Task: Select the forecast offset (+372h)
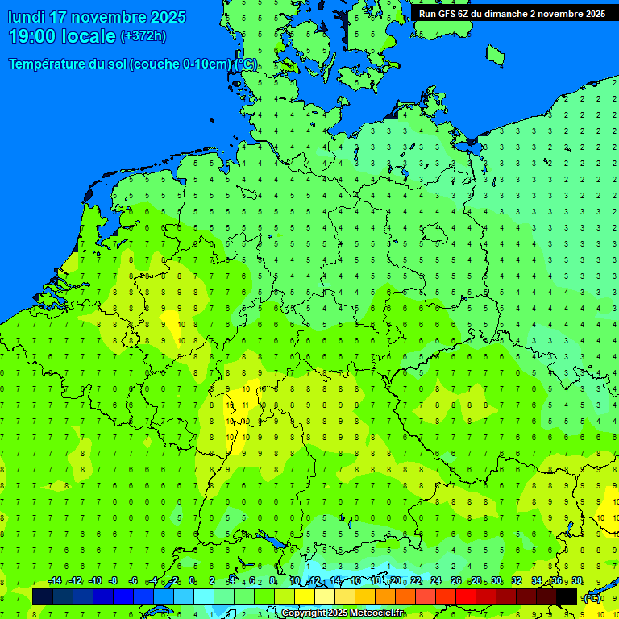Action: point(143,35)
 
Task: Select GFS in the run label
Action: point(448,13)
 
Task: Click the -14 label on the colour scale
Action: point(55,581)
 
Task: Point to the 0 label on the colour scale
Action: point(192,581)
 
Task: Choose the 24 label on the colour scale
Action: point(436,581)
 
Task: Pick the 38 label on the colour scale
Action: point(577,581)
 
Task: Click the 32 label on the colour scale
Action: point(517,581)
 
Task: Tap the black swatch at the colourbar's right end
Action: point(567,596)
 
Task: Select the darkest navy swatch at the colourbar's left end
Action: point(42,596)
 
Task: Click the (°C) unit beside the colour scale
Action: point(592,597)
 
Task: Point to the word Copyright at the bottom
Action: point(304,613)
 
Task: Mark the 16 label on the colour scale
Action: point(355,581)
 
